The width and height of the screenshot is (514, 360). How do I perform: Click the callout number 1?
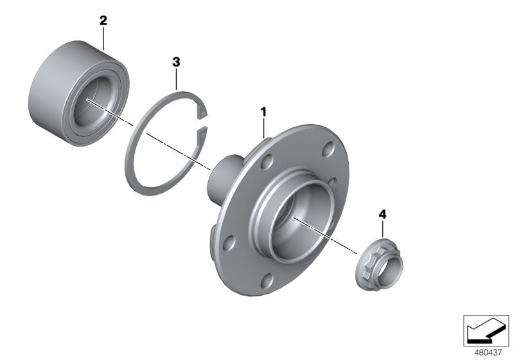pos(263,113)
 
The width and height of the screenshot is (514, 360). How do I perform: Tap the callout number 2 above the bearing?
pos(103,21)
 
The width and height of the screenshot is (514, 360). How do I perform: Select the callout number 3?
pos(176,62)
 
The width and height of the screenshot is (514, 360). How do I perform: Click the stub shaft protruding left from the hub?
pos(218,177)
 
